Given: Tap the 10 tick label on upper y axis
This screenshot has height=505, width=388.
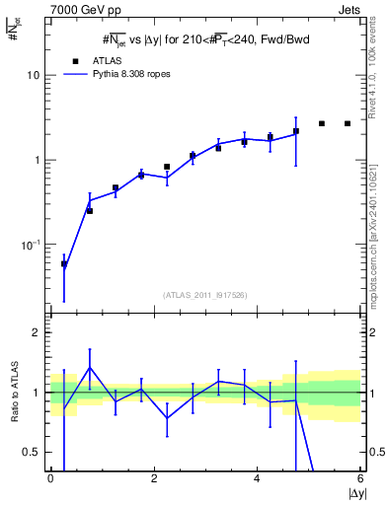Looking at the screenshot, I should coord(34,75).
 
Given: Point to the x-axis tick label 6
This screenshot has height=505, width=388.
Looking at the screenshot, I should coord(360,478).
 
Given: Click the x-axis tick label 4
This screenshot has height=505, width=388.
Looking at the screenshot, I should coord(257,478).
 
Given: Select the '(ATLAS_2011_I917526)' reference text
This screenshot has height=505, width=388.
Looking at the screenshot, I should coord(203,295).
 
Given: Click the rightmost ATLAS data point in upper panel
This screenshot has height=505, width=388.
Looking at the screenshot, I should coord(348,123).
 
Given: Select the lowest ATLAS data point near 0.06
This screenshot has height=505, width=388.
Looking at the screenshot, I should coord(64,264).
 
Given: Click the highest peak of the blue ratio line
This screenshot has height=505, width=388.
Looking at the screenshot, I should coord(90,367).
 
